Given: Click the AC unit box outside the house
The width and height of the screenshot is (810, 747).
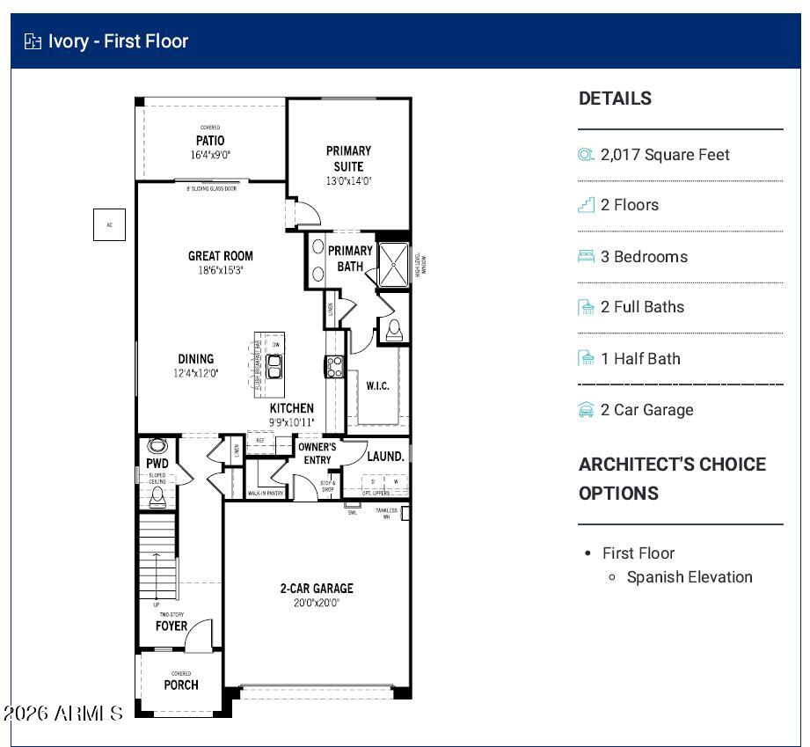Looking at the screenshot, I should (109, 224).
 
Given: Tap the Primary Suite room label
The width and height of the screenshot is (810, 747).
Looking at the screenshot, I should (348, 158).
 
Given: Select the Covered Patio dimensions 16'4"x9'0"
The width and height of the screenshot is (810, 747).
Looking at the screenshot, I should (210, 155).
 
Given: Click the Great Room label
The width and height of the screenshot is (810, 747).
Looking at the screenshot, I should (220, 256).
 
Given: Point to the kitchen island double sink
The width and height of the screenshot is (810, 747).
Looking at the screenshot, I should (274, 366).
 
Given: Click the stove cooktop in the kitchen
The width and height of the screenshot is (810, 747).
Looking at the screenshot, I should (334, 366).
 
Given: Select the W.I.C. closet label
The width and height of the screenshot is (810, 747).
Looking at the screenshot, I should (377, 385).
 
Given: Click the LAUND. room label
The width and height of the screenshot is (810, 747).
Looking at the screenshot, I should (385, 456).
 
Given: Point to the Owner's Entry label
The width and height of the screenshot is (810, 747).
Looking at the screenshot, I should (317, 453).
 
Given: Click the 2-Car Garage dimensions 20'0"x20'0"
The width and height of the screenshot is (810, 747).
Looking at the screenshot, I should (317, 603).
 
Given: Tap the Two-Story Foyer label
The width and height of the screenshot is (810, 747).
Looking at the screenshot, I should (171, 625).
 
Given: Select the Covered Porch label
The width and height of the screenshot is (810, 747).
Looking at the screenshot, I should (181, 684).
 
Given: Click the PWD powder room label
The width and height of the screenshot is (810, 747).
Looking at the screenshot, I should (157, 464).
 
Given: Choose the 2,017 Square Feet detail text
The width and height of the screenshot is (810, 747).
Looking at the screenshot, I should (665, 155).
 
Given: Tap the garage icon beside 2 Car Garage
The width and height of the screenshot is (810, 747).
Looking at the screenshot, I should (586, 410).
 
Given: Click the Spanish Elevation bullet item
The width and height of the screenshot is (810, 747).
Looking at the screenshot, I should (690, 577).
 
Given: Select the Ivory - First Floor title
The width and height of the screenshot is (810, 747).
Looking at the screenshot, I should (118, 41).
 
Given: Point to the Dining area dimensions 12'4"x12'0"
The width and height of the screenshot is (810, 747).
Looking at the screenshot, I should (196, 373).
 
